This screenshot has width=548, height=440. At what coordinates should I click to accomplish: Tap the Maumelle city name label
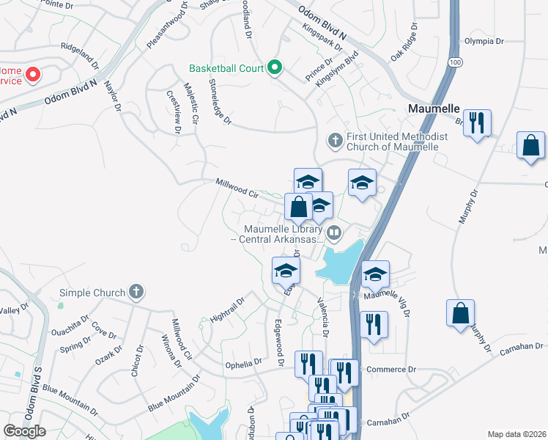click(x=432, y=109)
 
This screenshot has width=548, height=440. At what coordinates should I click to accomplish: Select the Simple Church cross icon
click(x=136, y=292)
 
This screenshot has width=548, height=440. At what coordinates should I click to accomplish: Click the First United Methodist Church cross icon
click(x=335, y=139)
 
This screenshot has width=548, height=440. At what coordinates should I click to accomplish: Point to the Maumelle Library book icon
click(x=334, y=233)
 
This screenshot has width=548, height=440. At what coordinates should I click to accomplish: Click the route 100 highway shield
click(x=456, y=63)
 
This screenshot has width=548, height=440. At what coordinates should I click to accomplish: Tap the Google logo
click(x=24, y=431)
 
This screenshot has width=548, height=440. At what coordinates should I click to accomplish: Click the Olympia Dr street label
click(x=484, y=41)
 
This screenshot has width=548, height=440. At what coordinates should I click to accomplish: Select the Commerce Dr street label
click(x=390, y=370)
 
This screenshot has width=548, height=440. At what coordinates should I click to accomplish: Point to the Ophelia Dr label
click(x=243, y=362)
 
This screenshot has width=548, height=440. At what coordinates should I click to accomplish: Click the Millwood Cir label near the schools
click(x=237, y=188)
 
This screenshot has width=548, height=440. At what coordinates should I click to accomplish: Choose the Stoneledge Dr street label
click(x=220, y=101)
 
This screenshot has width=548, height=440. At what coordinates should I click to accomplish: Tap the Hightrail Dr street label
click(x=226, y=311)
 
